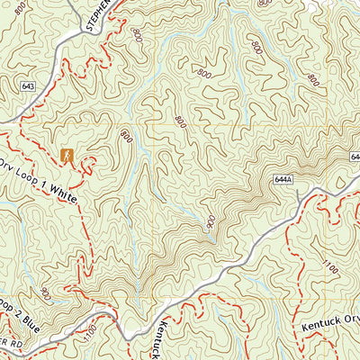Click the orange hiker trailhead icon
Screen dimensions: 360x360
point(66,156)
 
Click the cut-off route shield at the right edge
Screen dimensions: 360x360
point(355,157)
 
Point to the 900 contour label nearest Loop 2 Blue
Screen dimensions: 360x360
point(45,292)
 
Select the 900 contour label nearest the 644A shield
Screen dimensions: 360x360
point(211,221)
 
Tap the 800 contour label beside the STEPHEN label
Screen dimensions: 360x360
point(137,35)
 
